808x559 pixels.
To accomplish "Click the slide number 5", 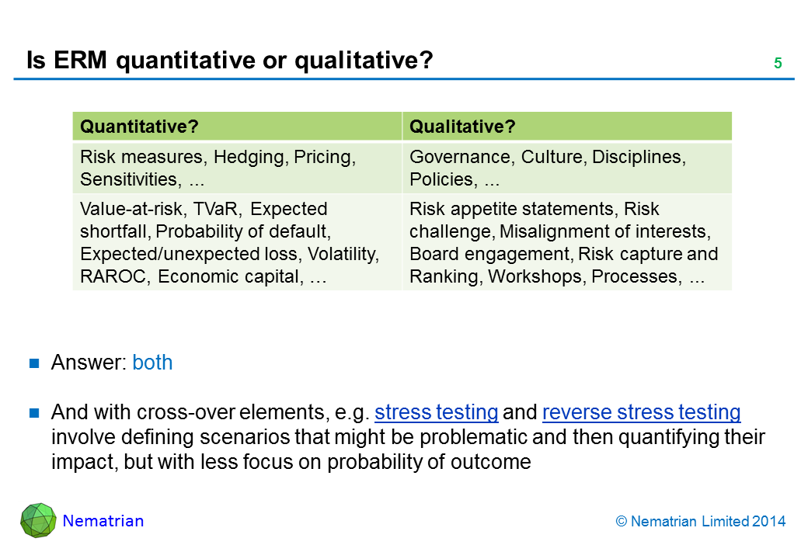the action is pos(778,63).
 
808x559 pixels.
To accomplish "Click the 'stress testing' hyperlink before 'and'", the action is pos(436,412).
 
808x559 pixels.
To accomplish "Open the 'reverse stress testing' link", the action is pos(642,412).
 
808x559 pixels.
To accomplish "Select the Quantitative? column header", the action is pos(139,127).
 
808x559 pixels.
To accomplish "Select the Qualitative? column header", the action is pos(462,127).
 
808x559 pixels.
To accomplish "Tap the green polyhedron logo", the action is pos(38,520).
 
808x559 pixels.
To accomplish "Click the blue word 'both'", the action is pos(152,363).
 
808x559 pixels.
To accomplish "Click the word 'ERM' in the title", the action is pos(80,61).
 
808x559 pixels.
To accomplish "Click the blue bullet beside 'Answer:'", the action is pos(34,363).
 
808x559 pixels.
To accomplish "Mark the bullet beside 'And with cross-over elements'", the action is pos(34,413).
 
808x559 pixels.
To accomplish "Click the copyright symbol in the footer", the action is pos(622,522).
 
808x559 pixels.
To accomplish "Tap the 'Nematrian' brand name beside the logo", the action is pos(103,521).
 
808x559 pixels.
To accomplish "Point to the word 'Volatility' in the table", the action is pos(343,255).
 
